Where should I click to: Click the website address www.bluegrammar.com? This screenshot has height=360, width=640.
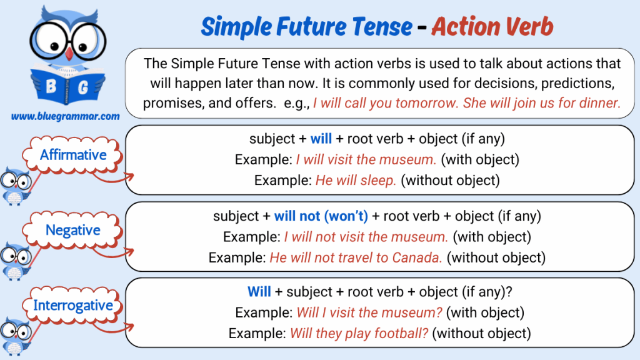(x=65, y=116)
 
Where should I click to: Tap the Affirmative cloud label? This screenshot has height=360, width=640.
(x=72, y=155)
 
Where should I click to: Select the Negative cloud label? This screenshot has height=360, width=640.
(x=72, y=230)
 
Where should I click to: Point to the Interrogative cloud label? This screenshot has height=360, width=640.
(x=72, y=305)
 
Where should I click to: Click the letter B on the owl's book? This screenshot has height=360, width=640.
(x=51, y=86)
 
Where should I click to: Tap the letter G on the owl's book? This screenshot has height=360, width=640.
(x=83, y=87)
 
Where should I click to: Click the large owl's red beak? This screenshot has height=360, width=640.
(x=69, y=54)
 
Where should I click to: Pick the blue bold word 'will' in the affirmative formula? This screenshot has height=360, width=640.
(x=321, y=139)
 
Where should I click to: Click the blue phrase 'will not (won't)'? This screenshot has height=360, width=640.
(x=321, y=216)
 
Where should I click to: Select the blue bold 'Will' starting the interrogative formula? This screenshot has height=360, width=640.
(x=259, y=292)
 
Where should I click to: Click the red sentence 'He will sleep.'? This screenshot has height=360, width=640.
(x=356, y=181)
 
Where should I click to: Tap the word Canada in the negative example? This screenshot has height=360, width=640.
(x=417, y=257)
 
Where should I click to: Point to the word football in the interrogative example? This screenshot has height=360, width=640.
(x=401, y=334)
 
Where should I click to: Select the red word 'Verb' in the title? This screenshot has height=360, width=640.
(x=529, y=26)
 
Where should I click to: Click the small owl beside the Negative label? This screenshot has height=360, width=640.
(x=15, y=261)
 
